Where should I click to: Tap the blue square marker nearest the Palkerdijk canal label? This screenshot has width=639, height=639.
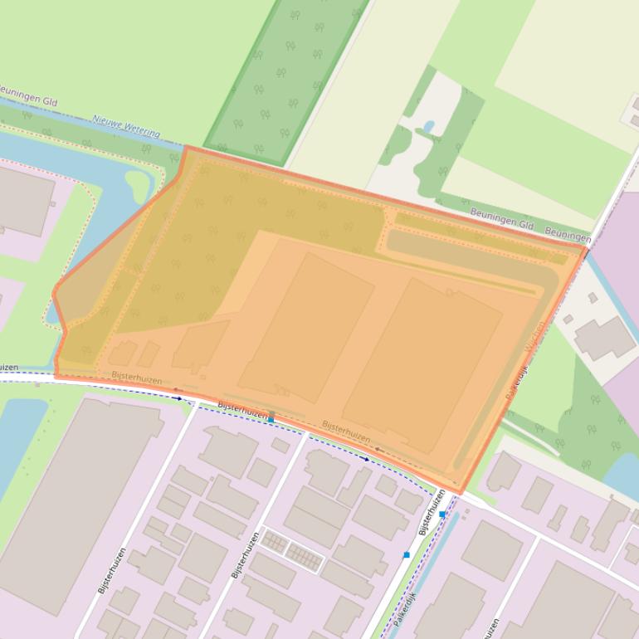407,554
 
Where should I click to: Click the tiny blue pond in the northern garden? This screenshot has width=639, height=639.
428,127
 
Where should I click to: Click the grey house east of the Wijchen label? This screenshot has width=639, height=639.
604,337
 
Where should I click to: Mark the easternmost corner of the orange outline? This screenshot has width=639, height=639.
587,247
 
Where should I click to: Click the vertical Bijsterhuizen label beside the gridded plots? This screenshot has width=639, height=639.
246,554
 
